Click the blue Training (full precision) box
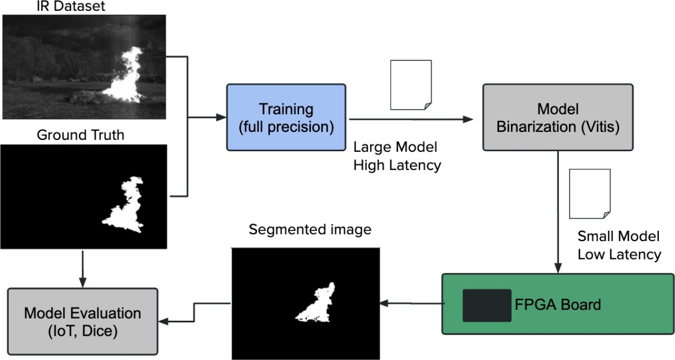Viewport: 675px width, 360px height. click(x=286, y=117)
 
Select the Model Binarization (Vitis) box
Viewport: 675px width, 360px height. click(x=557, y=117)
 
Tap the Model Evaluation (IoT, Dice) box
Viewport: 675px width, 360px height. click(x=82, y=321)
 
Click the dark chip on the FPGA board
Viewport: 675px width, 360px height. click(x=487, y=305)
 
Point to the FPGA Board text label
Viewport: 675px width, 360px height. click(x=557, y=305)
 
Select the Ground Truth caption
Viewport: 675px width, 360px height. click(x=80, y=135)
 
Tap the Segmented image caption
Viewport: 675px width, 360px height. click(x=310, y=230)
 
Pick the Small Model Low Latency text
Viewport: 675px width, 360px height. click(x=619, y=245)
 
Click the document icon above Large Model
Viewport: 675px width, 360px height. click(x=410, y=85)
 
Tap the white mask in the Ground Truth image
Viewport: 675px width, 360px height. click(x=126, y=207)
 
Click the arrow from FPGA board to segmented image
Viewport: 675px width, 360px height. click(x=411, y=304)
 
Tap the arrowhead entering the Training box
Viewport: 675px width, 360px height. click(x=221, y=117)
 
